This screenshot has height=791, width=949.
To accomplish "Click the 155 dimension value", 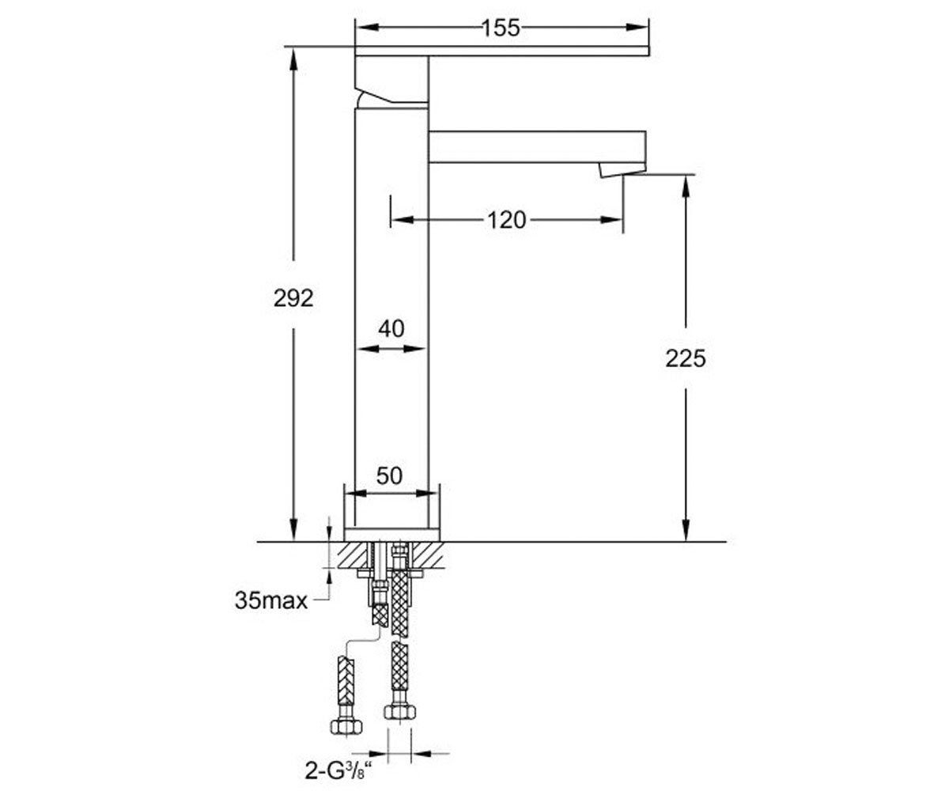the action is [501, 28].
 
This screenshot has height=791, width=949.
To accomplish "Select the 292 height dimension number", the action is [293, 299].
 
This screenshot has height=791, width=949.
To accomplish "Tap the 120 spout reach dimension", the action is [507, 220].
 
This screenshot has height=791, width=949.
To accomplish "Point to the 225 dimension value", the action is [686, 358].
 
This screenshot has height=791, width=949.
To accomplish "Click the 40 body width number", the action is [391, 329].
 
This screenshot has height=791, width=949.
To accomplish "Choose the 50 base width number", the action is [390, 476].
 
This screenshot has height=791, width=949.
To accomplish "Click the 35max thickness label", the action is [271, 600].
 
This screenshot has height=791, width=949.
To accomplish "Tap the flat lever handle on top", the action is [501, 51].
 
